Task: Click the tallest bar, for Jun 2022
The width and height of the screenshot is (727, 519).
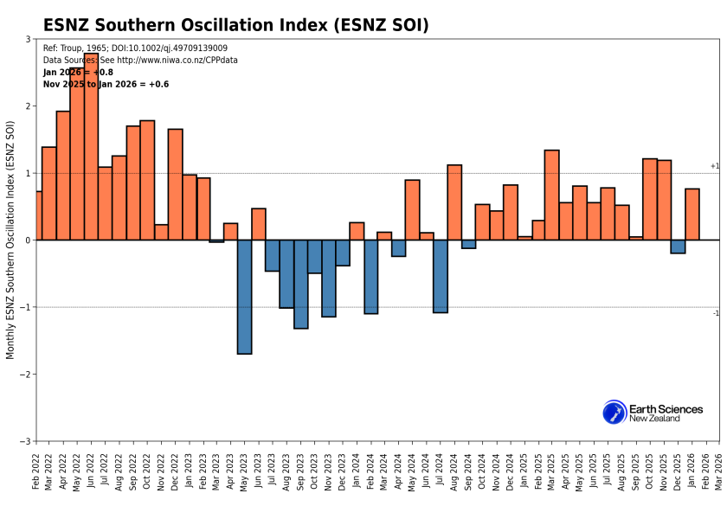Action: (91, 147)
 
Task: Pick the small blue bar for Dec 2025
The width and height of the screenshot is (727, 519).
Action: (678, 247)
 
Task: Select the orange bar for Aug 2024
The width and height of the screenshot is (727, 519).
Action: (454, 202)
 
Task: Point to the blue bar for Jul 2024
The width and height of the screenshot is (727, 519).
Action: (441, 276)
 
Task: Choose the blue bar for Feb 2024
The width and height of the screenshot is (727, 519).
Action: (371, 277)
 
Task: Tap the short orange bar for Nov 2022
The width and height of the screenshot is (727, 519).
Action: (161, 232)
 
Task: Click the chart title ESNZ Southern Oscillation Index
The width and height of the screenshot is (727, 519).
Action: (236, 25)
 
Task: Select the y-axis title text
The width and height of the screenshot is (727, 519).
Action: (10, 240)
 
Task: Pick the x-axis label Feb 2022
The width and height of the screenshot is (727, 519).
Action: (36, 472)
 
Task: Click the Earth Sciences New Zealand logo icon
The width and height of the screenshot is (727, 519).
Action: (614, 413)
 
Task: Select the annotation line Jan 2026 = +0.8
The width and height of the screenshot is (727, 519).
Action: (78, 73)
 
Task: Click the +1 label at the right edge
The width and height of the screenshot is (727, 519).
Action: (715, 166)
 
